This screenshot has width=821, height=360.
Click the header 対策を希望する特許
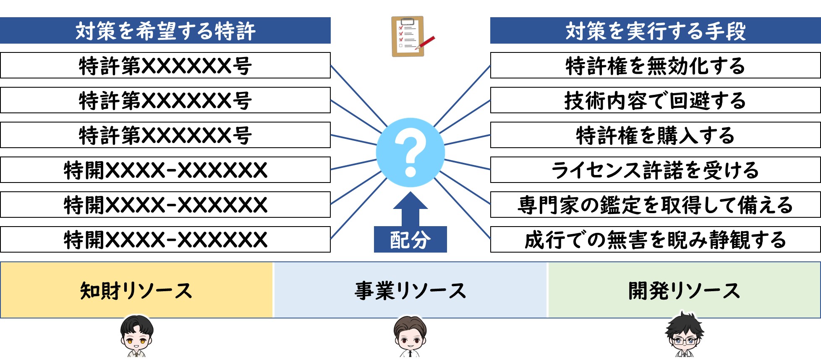[x=165, y=31]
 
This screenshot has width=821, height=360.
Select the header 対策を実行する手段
[x=655, y=31]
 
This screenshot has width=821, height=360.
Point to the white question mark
[x=410, y=151]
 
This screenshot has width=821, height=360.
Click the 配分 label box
[x=410, y=240]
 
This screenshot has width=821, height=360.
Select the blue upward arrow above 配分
[x=410, y=209]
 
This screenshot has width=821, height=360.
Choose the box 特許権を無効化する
[x=655, y=65]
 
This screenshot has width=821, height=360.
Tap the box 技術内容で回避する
[x=655, y=100]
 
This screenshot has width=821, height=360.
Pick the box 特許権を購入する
[x=655, y=135]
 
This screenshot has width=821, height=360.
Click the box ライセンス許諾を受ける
[x=655, y=170]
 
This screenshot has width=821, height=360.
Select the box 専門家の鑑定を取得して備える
[x=655, y=205]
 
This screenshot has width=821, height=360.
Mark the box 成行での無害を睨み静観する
[x=655, y=240]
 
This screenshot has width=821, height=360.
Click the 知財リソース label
[x=136, y=290]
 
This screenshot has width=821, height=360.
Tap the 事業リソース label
[x=410, y=290]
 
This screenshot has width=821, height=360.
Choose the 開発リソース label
[x=684, y=290]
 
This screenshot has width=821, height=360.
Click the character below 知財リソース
[x=137, y=337]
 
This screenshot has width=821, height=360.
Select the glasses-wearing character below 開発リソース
[x=684, y=336]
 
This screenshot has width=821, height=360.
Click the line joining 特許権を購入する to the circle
[x=467, y=140]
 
